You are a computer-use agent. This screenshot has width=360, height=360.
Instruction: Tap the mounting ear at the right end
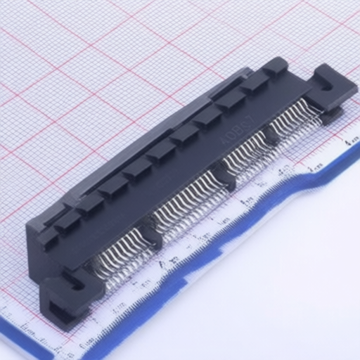[328, 87]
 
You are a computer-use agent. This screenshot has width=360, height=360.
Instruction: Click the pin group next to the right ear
[295, 116]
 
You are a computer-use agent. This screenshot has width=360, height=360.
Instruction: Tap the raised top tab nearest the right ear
[274, 67]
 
